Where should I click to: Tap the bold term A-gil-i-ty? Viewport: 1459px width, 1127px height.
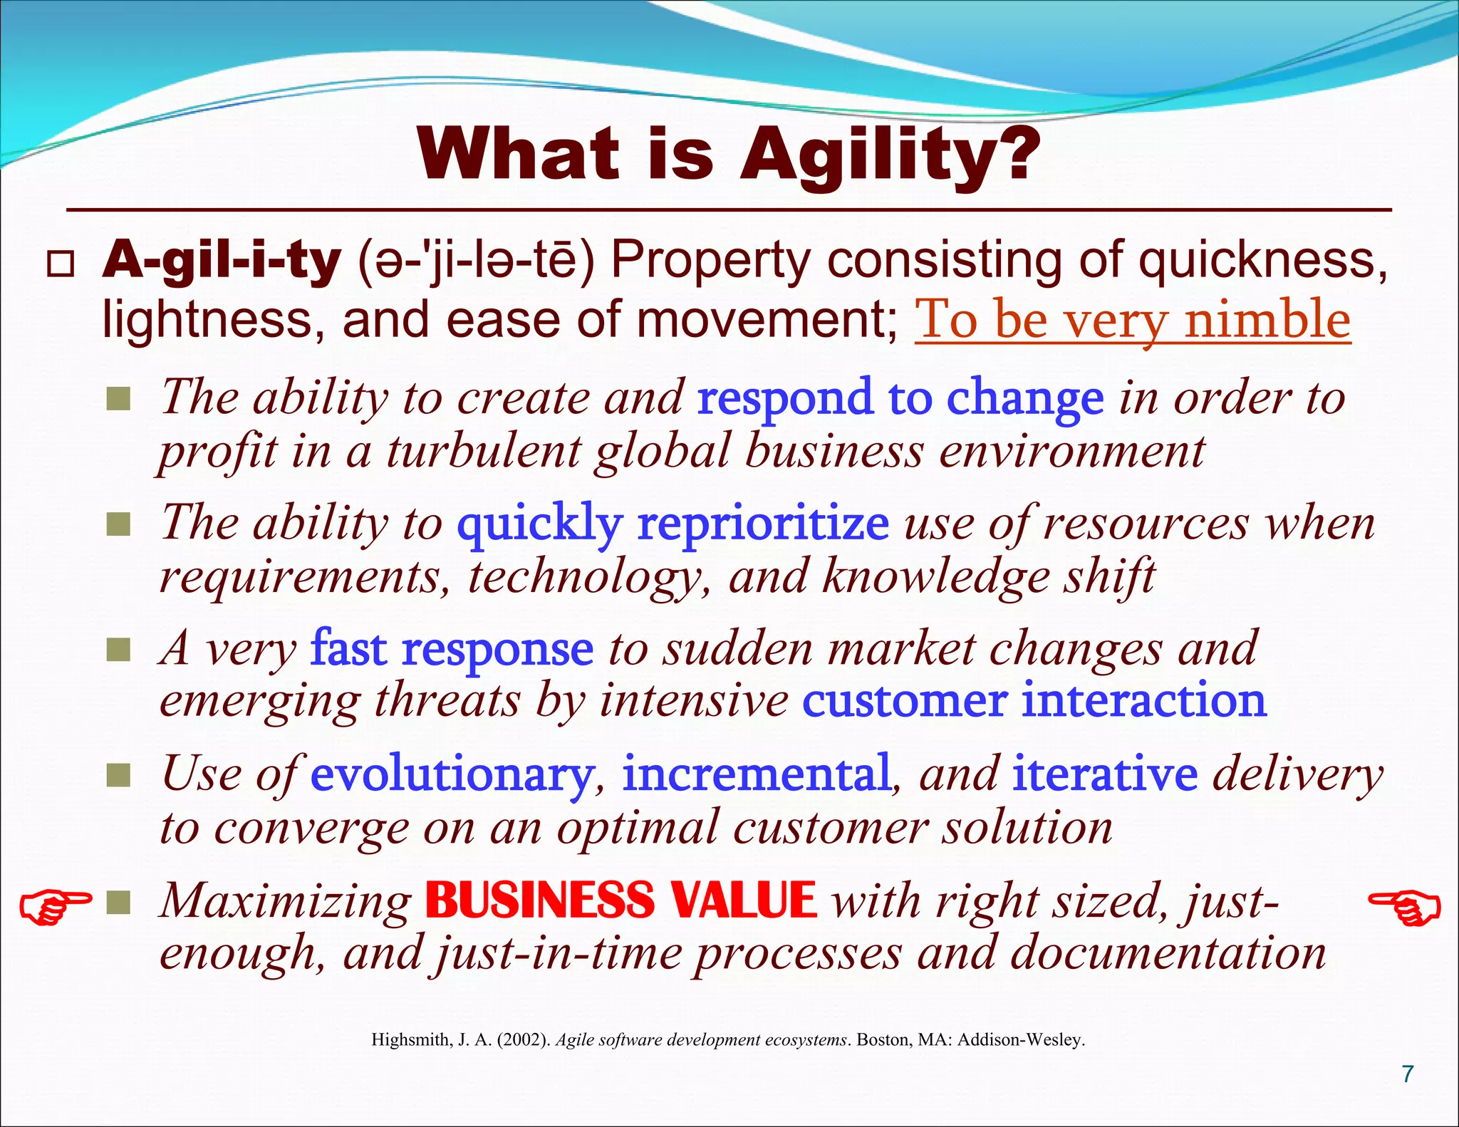point(221,261)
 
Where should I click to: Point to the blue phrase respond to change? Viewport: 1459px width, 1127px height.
point(900,398)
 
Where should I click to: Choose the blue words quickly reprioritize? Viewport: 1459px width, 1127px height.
point(673,523)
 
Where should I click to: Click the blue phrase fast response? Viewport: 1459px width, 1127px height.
point(452,648)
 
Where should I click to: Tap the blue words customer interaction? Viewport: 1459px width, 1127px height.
point(1034,700)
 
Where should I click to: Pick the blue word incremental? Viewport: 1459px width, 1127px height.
point(756,774)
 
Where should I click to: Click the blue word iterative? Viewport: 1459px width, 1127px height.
point(1105,774)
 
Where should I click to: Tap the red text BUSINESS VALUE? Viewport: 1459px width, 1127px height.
point(621,900)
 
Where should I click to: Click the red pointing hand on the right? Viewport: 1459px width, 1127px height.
point(1405,908)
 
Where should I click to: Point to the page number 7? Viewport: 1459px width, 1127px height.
point(1407,1074)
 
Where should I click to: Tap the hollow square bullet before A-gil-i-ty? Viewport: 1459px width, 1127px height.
point(60,264)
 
